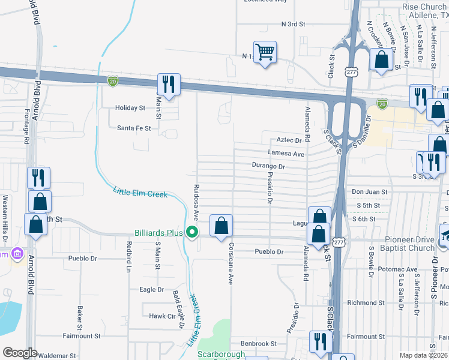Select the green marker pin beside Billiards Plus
pos(192,232)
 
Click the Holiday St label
pos(131,108)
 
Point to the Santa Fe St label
pos(134,128)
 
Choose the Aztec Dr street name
pos(289,140)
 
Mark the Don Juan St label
pos(366,192)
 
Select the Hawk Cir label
pos(161,316)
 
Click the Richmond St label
pos(361,303)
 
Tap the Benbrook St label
pos(258,344)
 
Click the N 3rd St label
pos(294,24)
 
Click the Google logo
pos(20,352)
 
